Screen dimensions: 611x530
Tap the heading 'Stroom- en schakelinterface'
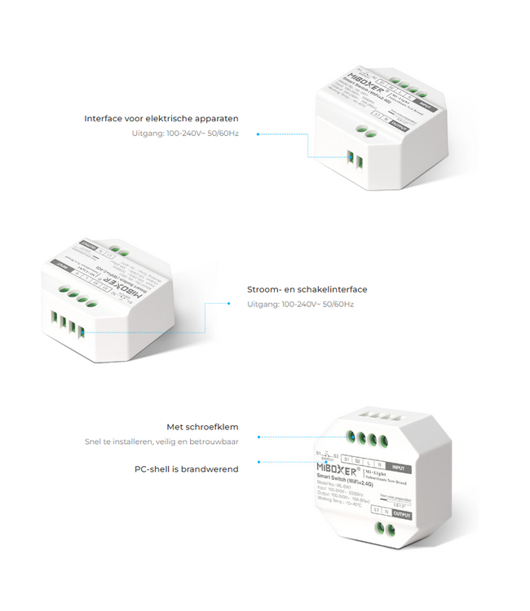(307, 289)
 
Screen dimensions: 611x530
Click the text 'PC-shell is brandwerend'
(186, 469)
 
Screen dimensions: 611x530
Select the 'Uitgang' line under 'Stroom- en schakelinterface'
(301, 305)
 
